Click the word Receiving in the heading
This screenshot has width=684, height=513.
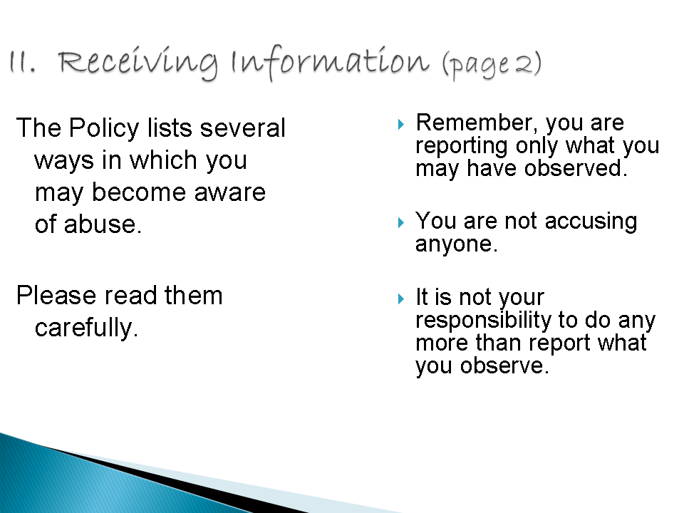[138, 63]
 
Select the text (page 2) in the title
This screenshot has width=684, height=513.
[492, 65]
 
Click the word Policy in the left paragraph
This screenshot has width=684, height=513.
[104, 129]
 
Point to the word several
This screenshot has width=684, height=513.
[242, 128]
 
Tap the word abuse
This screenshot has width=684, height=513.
[103, 224]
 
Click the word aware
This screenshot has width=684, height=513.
[230, 192]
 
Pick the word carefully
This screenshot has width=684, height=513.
[86, 328]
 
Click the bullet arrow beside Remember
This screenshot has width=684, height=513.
[401, 124]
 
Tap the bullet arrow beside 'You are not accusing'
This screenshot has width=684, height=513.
[401, 223]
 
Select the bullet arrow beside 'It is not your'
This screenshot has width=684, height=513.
[401, 299]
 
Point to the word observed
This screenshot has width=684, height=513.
[576, 168]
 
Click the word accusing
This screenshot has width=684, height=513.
[591, 222]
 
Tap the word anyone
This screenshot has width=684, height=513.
[456, 244]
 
